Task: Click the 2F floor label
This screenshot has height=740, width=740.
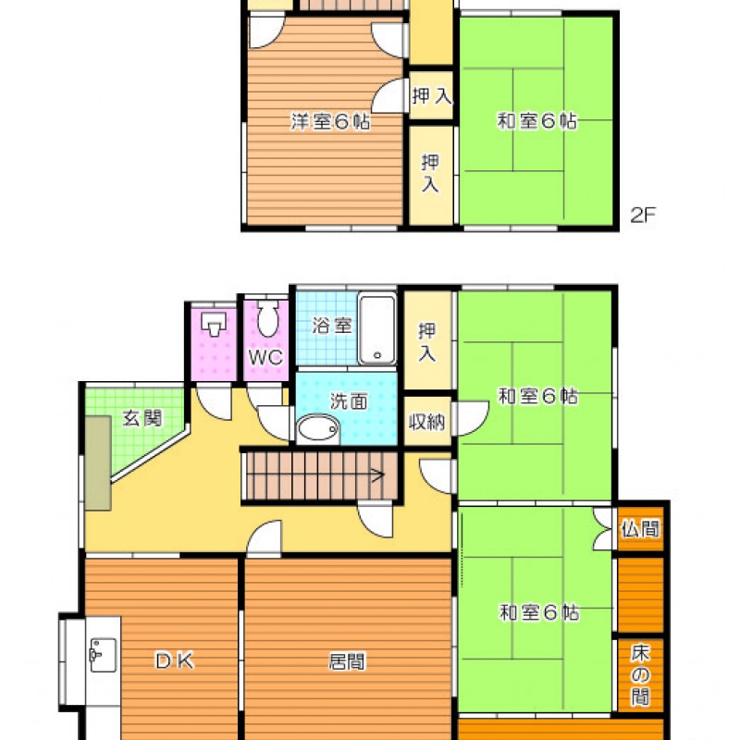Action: pos(643,216)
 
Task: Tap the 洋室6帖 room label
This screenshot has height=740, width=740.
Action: pos(330,121)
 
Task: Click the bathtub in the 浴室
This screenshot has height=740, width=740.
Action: pos(376,328)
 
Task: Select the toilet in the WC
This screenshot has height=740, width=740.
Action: pos(267,318)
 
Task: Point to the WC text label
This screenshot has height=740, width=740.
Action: pos(265,357)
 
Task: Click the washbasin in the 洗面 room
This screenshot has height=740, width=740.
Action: pos(317,429)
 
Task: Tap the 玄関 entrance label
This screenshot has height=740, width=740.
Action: pos(142,418)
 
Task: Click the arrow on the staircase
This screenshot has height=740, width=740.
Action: pos(377,475)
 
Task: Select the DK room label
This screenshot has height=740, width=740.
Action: pos(175,660)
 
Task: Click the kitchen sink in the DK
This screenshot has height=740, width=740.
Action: pos(103,655)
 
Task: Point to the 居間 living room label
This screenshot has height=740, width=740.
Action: pos(347,661)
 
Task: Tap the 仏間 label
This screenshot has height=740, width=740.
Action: pos(640,528)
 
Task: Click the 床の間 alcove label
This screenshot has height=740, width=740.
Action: pos(640,675)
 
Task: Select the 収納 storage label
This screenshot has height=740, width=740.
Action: pos(426,422)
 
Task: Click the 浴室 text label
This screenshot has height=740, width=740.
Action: pos(332,326)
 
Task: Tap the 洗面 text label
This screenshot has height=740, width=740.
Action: pos(349,401)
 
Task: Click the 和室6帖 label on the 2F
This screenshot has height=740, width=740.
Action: pos(536,121)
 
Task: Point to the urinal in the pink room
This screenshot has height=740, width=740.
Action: pos(214,323)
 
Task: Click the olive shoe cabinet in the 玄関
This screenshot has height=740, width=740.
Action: pos(98,463)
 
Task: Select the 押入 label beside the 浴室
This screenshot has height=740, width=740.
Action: pos(427,342)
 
